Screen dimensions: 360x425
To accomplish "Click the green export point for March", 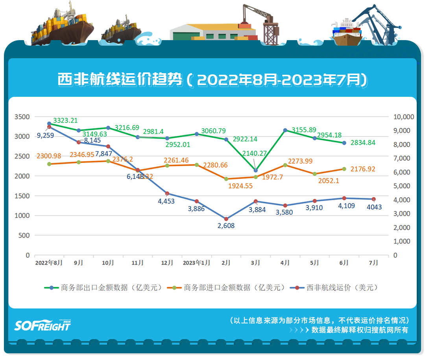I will coord(255,170).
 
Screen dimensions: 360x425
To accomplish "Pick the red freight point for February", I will coord(226,219).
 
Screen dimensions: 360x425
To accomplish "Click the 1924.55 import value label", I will coord(240,186).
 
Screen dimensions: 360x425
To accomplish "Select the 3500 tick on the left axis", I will coord(22,117).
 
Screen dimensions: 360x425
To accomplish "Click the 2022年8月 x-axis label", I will coord(49,263).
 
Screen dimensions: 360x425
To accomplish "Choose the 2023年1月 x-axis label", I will coord(196,263).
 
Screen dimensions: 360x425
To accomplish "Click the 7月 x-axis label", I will coord(373,263).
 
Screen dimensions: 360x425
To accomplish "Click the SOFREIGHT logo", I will coord(42,325).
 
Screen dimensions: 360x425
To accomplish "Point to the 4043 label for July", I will coord(374,207).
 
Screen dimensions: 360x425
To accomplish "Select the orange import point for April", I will coord(285,165).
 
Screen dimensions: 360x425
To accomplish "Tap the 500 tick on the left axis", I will coord(24,235).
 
